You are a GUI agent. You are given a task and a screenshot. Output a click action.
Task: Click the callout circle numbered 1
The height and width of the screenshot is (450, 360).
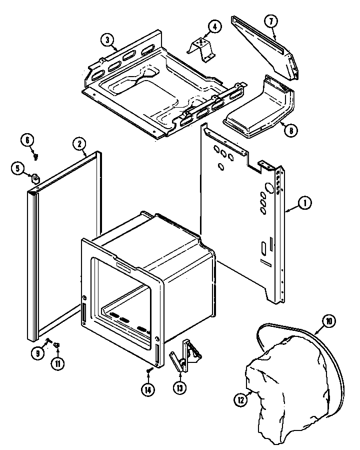(x=304, y=203)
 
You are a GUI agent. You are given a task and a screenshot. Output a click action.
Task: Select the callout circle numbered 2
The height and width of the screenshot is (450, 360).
(x=79, y=144)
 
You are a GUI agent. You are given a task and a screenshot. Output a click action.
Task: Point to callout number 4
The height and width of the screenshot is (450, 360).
(x=213, y=27)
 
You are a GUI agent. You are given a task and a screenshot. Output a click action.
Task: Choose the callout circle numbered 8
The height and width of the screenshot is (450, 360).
(x=289, y=130)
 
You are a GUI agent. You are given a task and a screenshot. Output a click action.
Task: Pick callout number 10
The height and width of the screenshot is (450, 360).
(x=329, y=321)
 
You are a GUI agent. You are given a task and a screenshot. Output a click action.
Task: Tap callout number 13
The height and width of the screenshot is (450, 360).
(x=179, y=388)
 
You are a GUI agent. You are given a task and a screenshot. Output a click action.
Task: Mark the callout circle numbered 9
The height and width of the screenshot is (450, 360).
(x=38, y=353)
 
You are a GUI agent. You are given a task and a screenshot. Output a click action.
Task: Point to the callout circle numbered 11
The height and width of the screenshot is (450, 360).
(x=58, y=363)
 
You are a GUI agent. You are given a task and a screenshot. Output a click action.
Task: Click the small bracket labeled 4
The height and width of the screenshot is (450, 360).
(x=201, y=46)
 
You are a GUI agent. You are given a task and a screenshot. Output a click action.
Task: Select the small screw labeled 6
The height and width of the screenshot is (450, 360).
(x=36, y=156)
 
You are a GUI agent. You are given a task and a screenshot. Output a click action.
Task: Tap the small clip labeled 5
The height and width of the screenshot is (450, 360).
(x=35, y=177)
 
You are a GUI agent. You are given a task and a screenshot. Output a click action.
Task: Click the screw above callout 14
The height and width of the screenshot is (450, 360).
(x=148, y=371)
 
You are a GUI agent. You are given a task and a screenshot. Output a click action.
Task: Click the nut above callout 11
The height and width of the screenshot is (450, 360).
(x=57, y=344)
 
